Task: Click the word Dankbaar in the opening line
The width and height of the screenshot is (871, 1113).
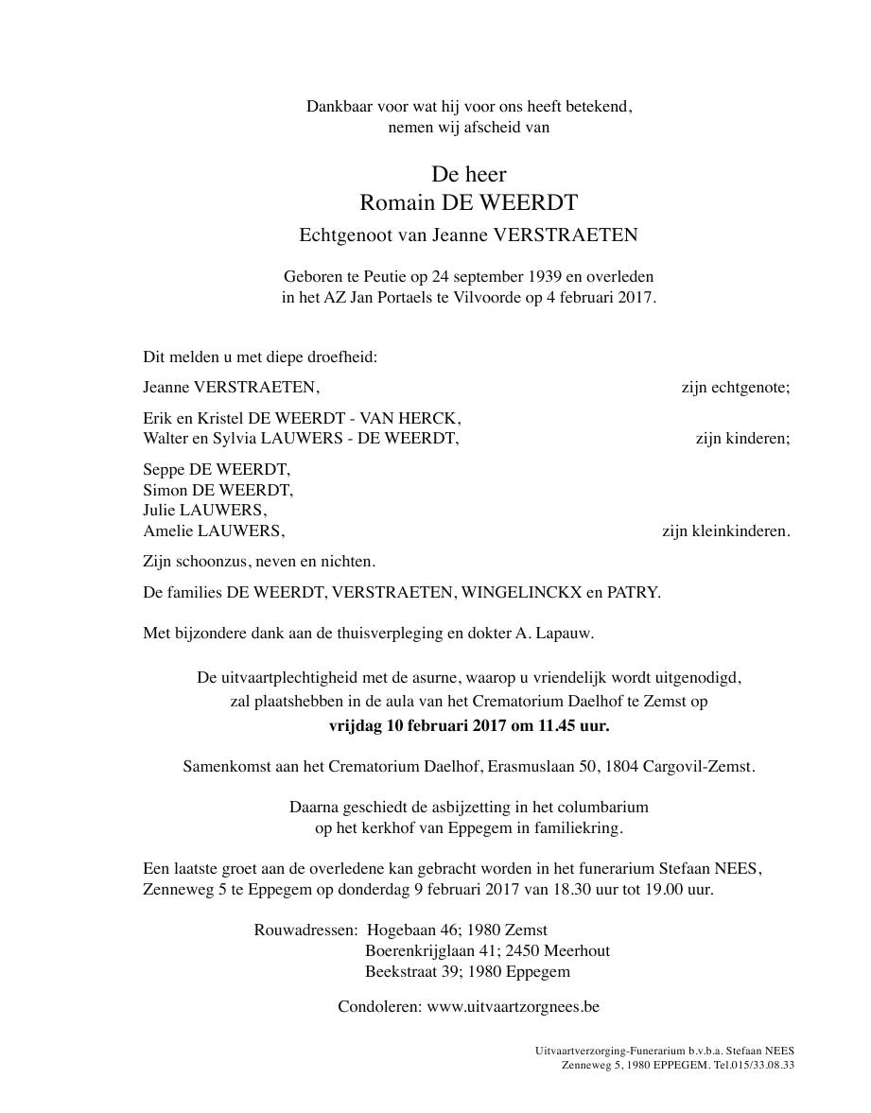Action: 336,107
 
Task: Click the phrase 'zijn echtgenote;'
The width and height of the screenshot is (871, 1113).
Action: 736,387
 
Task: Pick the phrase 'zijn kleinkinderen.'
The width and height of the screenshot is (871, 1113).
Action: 726,531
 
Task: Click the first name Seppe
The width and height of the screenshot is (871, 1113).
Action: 163,469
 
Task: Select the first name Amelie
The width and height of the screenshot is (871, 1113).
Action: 166,531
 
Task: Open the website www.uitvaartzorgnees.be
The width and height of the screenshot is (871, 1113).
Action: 514,1007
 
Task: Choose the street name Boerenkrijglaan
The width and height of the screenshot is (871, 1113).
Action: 424,951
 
